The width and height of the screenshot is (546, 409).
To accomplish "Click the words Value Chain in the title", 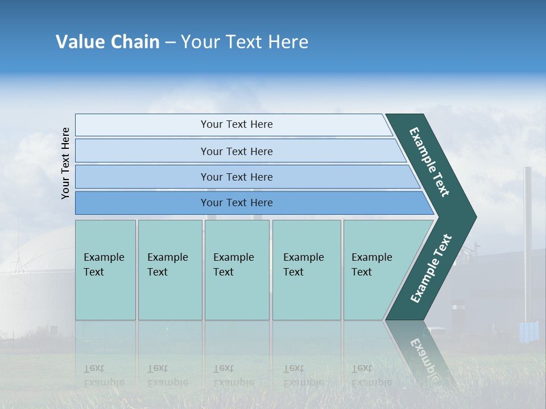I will [x=107, y=42].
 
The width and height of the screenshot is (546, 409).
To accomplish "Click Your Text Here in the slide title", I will [x=245, y=42].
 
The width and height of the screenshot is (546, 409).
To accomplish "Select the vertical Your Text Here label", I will [x=65, y=163].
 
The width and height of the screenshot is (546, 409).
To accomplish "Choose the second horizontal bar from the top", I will [x=237, y=151].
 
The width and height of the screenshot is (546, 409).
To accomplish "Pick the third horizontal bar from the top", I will [x=237, y=177].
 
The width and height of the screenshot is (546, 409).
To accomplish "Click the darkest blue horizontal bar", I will [x=237, y=203].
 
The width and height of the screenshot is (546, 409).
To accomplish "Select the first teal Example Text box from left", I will [x=105, y=270].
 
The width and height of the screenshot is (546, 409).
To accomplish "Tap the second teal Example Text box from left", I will [x=169, y=270].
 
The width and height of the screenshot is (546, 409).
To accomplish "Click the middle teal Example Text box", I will [x=237, y=270].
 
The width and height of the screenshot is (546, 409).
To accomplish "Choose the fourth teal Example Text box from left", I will [x=306, y=270].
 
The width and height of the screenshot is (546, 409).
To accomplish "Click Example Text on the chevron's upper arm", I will [x=429, y=162].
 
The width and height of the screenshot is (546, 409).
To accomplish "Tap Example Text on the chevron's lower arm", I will [x=431, y=269].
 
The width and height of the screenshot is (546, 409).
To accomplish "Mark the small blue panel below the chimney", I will [x=528, y=332].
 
